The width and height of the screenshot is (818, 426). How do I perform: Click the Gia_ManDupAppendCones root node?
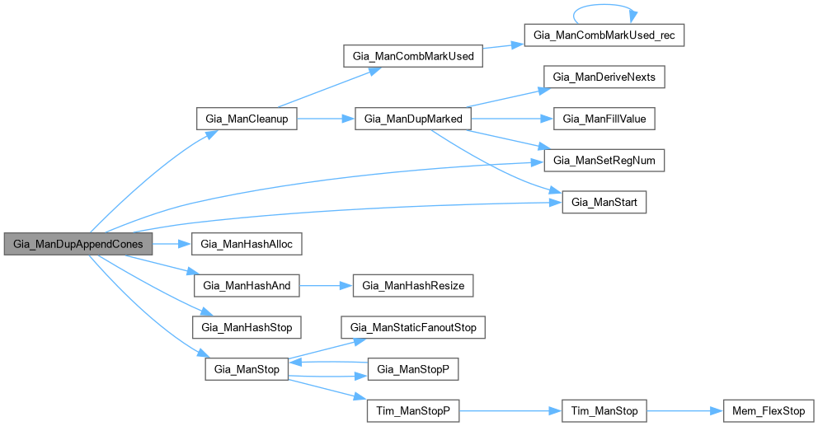pos(78,245)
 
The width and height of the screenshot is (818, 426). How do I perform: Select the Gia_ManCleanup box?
pos(246,119)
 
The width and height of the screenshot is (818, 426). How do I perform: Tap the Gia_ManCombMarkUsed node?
pos(411,57)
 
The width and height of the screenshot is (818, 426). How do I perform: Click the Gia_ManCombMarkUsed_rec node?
pos(604,36)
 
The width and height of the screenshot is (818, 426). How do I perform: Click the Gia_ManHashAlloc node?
pos(247,245)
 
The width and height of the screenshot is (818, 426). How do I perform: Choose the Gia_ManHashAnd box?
pos(246,286)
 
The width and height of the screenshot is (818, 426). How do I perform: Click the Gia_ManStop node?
pos(246,369)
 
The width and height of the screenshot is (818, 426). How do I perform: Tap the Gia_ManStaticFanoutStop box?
pos(413,327)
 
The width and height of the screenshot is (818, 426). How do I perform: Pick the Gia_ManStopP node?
pos(412,369)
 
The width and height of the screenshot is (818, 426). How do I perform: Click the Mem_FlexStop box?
pos(769,410)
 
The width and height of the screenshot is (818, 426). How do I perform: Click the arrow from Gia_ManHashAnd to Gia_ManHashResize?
pos(326,286)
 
